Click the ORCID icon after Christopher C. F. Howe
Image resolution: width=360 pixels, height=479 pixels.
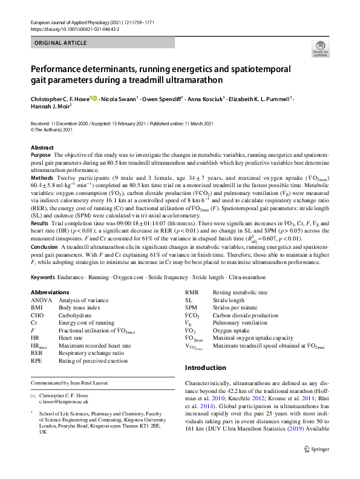(94, 98)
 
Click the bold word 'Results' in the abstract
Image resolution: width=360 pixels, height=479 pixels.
(41, 223)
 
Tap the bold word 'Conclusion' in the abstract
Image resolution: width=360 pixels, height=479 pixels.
(45, 246)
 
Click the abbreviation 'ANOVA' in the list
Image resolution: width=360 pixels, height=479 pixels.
(42, 300)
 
